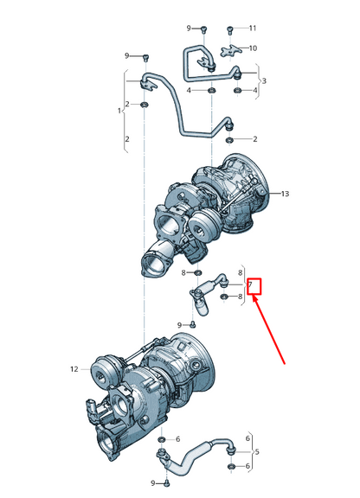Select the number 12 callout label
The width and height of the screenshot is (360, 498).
point(74,368)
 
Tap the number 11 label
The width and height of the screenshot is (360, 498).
point(253,29)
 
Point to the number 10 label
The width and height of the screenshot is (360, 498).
point(253,48)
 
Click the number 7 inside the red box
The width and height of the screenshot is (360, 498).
point(250,284)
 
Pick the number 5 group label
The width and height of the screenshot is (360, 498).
point(256,452)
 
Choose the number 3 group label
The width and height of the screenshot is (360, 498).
point(264,81)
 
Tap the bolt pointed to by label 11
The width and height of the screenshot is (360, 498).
point(231,30)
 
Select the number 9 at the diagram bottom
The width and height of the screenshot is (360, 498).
point(152,482)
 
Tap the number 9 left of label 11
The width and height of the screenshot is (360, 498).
point(190,29)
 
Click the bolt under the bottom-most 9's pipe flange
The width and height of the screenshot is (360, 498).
point(162,482)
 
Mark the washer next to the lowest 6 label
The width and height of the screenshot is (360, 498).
point(232,468)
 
